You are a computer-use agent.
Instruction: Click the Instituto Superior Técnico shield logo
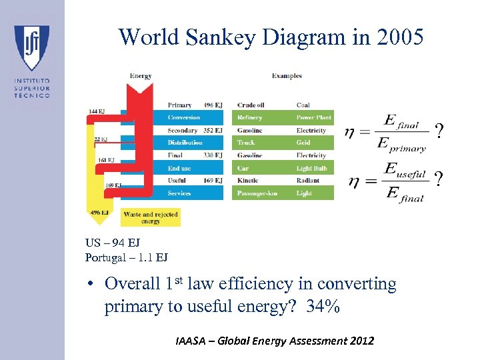31,47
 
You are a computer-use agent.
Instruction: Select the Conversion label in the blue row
184,118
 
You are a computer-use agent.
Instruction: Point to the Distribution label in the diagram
185,143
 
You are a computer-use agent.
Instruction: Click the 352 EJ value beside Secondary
213,131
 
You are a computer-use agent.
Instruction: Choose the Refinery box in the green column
250,118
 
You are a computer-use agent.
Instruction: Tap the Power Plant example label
313,118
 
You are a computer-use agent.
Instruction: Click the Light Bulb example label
312,169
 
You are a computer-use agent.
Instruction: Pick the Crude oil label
251,105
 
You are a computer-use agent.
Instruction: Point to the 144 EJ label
97,111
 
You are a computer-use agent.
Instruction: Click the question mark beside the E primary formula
438,131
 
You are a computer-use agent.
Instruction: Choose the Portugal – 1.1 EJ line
126,257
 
